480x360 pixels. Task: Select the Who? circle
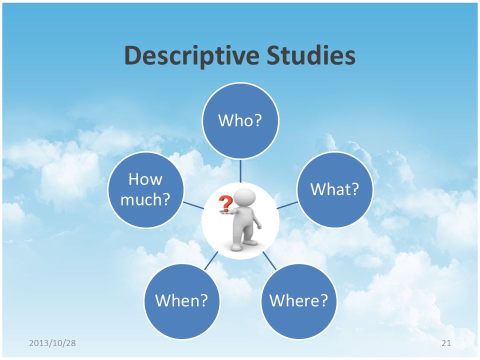[240, 120]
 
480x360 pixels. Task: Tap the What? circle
[335, 189]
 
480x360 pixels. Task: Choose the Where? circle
[299, 301]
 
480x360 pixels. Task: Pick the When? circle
[182, 301]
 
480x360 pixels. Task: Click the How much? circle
[145, 189]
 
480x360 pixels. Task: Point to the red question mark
[225, 204]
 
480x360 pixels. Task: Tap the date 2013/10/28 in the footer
[52, 343]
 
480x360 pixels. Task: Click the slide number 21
[446, 343]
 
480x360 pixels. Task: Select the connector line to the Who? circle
[240, 171]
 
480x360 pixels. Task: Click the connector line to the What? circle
[287, 205]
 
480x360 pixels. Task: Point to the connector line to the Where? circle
[269, 260]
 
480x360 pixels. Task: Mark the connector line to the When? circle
[211, 260]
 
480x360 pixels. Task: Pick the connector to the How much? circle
[193, 205]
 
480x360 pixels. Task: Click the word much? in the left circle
[145, 200]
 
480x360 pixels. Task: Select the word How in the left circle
[145, 179]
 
